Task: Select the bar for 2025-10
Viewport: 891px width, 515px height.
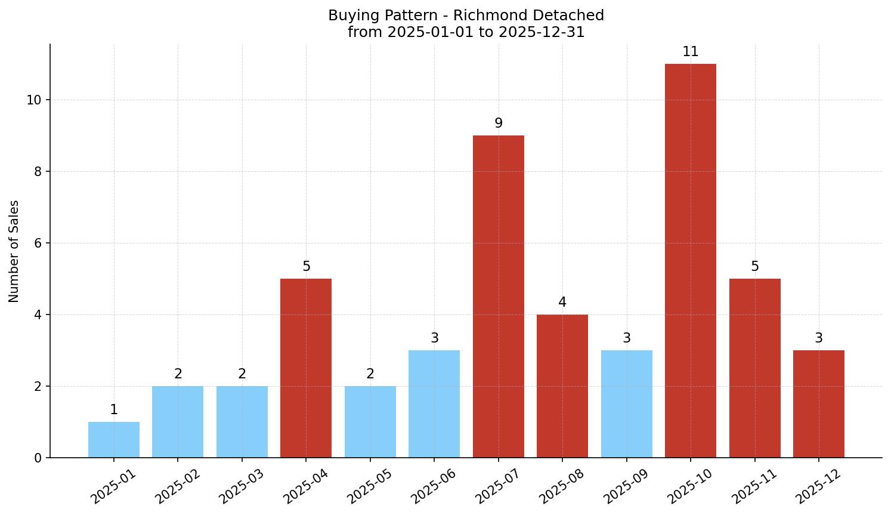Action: click(690, 261)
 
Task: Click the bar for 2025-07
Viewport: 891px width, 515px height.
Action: click(498, 297)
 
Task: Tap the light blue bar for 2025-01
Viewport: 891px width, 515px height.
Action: click(113, 440)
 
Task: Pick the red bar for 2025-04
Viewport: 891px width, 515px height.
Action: click(305, 368)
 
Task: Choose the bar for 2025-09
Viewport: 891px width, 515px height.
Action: click(626, 404)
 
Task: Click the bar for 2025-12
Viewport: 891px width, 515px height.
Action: click(818, 404)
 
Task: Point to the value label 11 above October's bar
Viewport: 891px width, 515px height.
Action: click(690, 52)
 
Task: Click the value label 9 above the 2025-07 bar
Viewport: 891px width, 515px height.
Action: click(498, 124)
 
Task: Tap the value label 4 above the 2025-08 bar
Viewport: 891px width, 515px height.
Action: click(562, 303)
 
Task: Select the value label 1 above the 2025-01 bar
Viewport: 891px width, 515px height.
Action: click(113, 410)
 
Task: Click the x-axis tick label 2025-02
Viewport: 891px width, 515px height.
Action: click(178, 486)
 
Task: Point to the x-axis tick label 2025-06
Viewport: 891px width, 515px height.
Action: click(434, 486)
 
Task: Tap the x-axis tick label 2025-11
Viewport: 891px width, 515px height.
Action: click(754, 486)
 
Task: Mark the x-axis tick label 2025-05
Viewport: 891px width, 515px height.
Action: click(370, 486)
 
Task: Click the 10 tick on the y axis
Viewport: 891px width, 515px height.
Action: click(33, 100)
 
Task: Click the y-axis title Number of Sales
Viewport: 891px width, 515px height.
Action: click(14, 251)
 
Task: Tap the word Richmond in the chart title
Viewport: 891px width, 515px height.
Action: click(480, 16)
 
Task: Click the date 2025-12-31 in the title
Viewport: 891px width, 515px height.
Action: click(541, 32)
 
